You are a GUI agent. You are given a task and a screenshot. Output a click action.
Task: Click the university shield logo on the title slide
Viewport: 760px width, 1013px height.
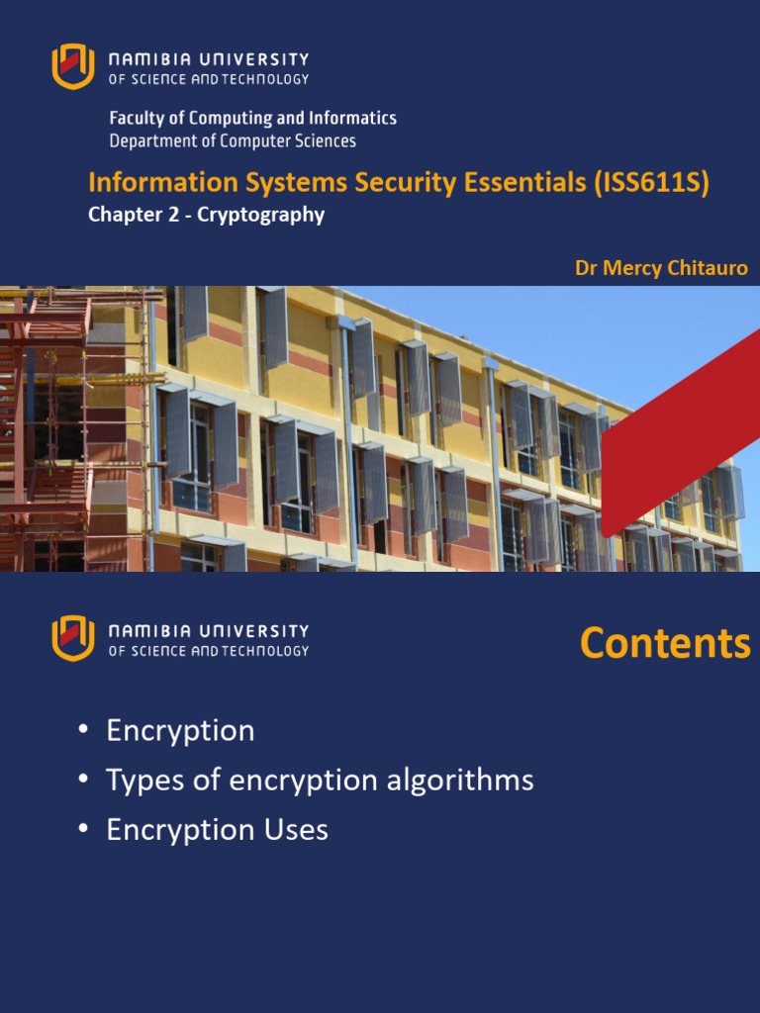pos(73,66)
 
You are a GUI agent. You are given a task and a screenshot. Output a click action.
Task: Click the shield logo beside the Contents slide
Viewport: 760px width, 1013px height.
pos(73,638)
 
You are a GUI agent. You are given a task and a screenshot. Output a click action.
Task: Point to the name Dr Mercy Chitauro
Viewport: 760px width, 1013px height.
pos(661,268)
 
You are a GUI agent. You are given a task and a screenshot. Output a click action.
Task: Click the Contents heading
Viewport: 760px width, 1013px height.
pos(665,643)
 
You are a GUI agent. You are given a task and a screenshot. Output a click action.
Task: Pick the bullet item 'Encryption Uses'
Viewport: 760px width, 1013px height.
pos(217,830)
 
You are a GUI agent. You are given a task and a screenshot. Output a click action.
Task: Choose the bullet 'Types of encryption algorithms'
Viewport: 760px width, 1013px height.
pos(320,781)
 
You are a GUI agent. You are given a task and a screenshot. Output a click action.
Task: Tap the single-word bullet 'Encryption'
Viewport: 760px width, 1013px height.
pos(180,731)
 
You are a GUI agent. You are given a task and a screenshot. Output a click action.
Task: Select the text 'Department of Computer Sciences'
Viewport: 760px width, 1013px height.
pos(233,141)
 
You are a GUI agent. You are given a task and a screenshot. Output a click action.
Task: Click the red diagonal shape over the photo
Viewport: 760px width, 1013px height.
pos(683,435)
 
